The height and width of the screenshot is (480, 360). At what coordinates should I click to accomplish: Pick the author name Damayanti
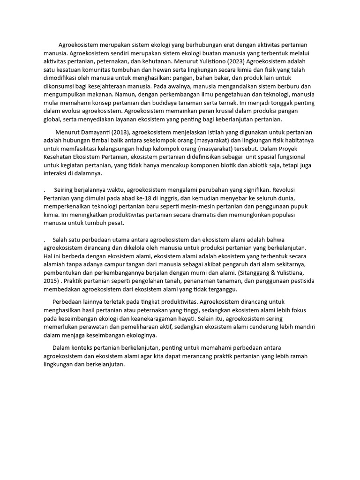pos(101,132)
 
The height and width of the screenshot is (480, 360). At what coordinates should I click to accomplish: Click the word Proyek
pos(303,149)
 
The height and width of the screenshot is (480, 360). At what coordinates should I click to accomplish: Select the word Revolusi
pos(296,190)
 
